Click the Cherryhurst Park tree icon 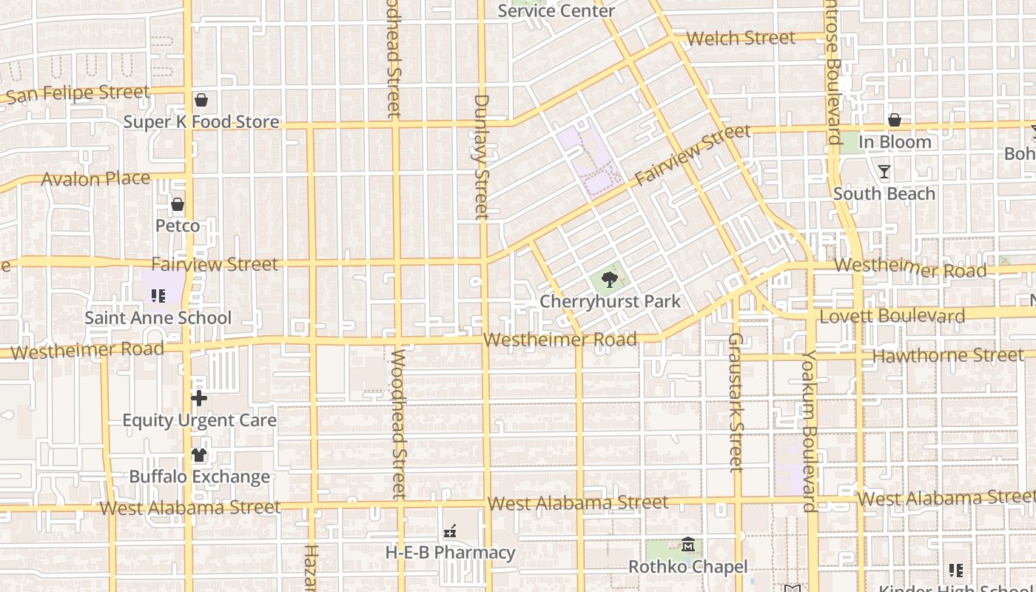tap(609, 280)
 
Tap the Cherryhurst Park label tap(610, 301)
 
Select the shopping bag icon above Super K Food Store tap(201, 100)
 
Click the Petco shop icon tap(178, 204)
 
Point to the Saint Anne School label tap(158, 317)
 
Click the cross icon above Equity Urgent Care tap(198, 399)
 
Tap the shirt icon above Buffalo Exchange tap(199, 455)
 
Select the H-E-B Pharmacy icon tap(449, 531)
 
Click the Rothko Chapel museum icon tap(687, 545)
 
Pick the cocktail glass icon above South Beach tap(884, 172)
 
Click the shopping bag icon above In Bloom tap(894, 120)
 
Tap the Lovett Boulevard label tap(892, 317)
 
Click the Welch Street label tap(741, 38)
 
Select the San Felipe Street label tap(78, 93)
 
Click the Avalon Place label tap(95, 178)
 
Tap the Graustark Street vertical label tap(735, 402)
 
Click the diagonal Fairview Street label tap(693, 155)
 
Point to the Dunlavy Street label tap(482, 156)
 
